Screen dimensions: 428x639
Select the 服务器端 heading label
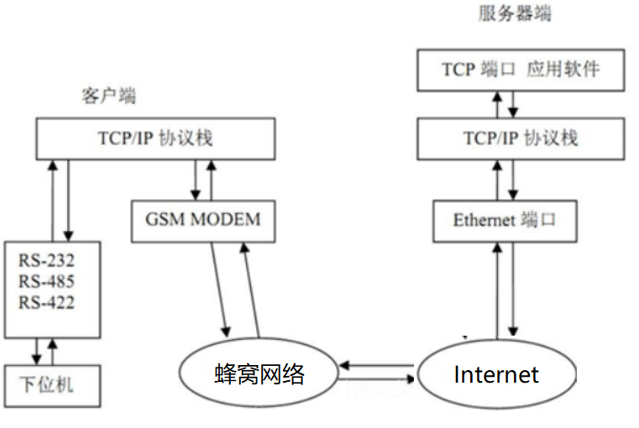pyautogui.click(x=515, y=13)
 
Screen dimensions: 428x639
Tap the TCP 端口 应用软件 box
pyautogui.click(x=521, y=70)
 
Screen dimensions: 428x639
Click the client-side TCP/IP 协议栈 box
pyautogui.click(x=155, y=138)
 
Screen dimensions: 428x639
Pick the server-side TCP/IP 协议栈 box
pyautogui.click(x=521, y=138)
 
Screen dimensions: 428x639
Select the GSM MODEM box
pyautogui.click(x=203, y=220)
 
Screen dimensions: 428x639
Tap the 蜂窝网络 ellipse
pyautogui.click(x=258, y=374)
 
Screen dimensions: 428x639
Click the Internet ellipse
pyautogui.click(x=496, y=374)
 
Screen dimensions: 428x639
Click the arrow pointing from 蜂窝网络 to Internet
pyautogui.click(x=378, y=378)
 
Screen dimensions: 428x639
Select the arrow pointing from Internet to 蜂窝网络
pyautogui.click(x=378, y=364)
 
